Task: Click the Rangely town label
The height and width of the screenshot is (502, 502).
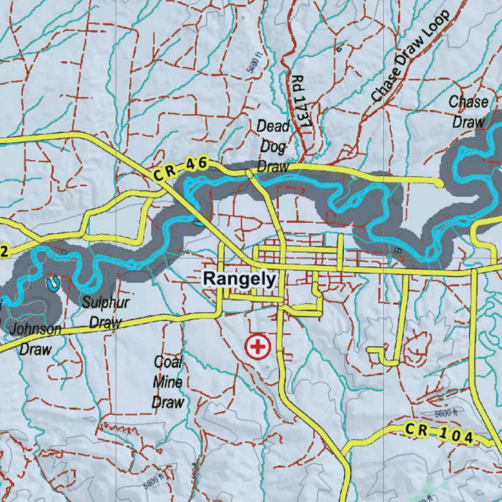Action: (240, 279)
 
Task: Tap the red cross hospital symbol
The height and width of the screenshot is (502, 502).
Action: (257, 347)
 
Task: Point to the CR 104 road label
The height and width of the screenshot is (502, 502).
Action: (439, 433)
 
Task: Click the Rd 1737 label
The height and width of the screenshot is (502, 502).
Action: (301, 102)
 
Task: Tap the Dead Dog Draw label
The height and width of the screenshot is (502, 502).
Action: (273, 146)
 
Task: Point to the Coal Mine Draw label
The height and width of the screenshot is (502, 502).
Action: (168, 382)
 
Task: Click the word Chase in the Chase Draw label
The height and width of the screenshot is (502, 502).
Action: (469, 102)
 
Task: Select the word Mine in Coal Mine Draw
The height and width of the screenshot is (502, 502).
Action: (168, 382)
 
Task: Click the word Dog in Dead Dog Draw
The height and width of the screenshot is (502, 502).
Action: (273, 146)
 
